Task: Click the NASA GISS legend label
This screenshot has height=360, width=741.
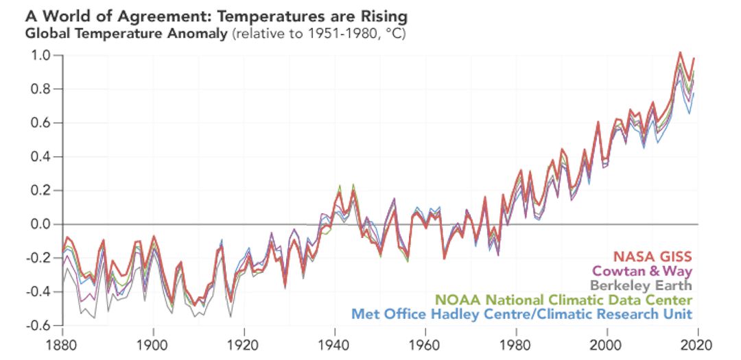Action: coord(652,256)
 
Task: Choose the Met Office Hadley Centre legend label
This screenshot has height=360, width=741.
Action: coord(521,314)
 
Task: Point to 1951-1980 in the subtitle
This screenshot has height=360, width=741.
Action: coord(322,33)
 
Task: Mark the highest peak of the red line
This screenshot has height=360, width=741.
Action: coord(680,52)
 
